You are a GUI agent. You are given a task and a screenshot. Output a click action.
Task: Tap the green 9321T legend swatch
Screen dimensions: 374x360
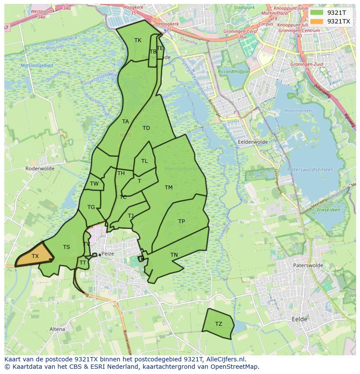click(317, 13)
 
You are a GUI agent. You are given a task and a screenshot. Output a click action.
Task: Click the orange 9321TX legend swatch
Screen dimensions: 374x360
click(317, 21)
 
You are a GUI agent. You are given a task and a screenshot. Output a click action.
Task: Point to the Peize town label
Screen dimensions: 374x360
click(109, 255)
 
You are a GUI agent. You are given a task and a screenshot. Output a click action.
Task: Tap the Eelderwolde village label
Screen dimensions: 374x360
click(253, 142)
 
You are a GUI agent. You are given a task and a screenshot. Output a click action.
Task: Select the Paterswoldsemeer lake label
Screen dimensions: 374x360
click(310, 170)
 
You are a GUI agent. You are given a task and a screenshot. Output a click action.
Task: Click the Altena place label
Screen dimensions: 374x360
click(57, 329)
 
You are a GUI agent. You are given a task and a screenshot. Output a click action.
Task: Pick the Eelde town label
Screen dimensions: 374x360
click(299, 319)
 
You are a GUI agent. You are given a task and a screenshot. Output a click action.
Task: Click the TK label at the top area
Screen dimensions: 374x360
click(138, 40)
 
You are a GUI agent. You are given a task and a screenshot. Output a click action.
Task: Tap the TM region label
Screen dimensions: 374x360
click(169, 188)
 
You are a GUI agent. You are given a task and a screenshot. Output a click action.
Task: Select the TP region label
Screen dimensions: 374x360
click(182, 222)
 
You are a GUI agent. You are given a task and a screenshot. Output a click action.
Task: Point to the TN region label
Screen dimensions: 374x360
click(174, 255)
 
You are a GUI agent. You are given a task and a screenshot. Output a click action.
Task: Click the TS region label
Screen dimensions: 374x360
click(66, 247)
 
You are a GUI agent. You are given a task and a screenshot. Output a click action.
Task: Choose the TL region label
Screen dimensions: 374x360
click(144, 161)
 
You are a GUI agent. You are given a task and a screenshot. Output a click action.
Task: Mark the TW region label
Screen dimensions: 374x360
click(94, 184)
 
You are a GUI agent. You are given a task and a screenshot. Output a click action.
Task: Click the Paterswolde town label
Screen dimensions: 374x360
click(308, 265)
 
